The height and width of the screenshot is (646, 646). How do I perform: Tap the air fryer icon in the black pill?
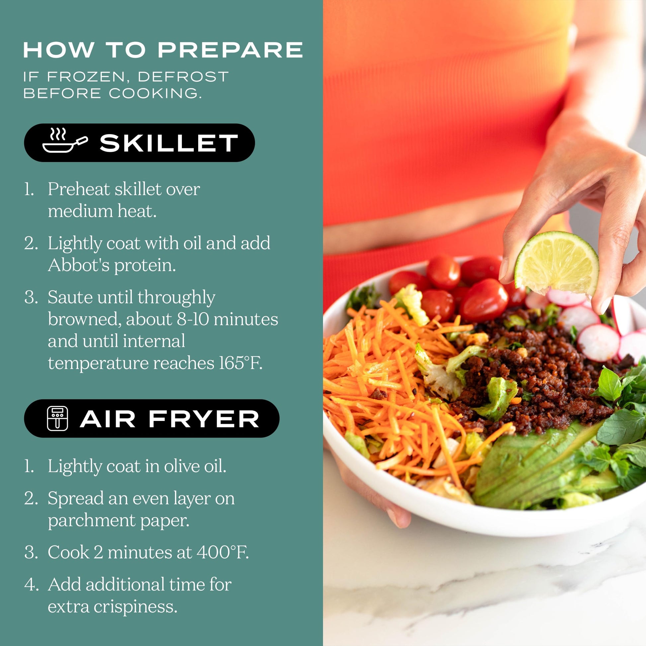[x=57, y=418]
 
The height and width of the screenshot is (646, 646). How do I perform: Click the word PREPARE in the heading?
[x=230, y=50]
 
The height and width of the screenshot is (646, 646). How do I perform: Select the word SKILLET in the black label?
[x=169, y=143]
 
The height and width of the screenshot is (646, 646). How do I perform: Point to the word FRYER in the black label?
[x=204, y=419]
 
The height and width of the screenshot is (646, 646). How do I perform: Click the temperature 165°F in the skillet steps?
[x=240, y=363]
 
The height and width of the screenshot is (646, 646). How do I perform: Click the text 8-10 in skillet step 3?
[x=193, y=319]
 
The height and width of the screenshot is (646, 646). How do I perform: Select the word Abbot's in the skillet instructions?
[x=79, y=265]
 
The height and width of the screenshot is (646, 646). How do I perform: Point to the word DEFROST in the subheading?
[x=183, y=77]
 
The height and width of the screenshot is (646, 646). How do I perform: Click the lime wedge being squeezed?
[x=556, y=264]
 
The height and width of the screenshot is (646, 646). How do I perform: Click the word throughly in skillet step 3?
[x=176, y=297]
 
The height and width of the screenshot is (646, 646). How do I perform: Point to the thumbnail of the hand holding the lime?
[x=503, y=269]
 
